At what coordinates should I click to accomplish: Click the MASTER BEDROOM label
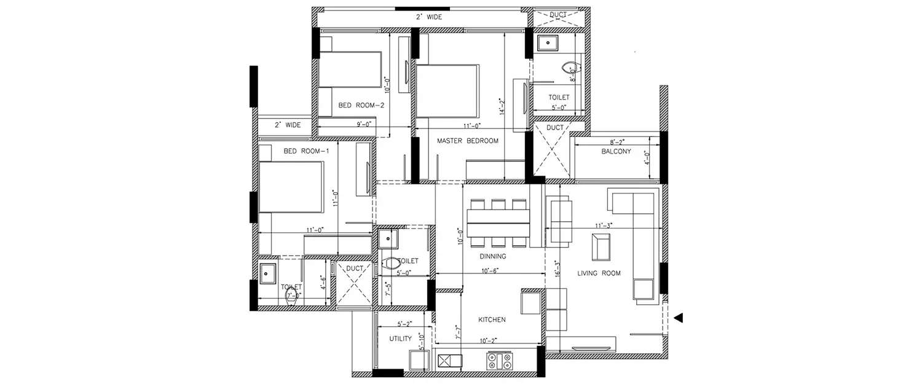[x=467, y=141]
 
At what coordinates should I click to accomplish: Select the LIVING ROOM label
[x=599, y=273]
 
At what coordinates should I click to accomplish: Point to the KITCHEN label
[x=492, y=319]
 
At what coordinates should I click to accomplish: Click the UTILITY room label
[x=401, y=339]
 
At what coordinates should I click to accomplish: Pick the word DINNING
[x=493, y=256]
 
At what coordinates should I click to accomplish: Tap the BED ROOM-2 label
[x=361, y=106]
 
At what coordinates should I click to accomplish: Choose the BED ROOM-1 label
[x=302, y=151]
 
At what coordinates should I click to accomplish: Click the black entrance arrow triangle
[x=678, y=318]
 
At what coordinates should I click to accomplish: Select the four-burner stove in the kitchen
[x=498, y=361]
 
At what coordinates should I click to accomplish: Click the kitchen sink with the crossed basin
[x=449, y=361]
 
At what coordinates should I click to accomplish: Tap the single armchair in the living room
[x=601, y=246]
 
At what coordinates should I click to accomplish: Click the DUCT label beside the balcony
[x=554, y=128]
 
